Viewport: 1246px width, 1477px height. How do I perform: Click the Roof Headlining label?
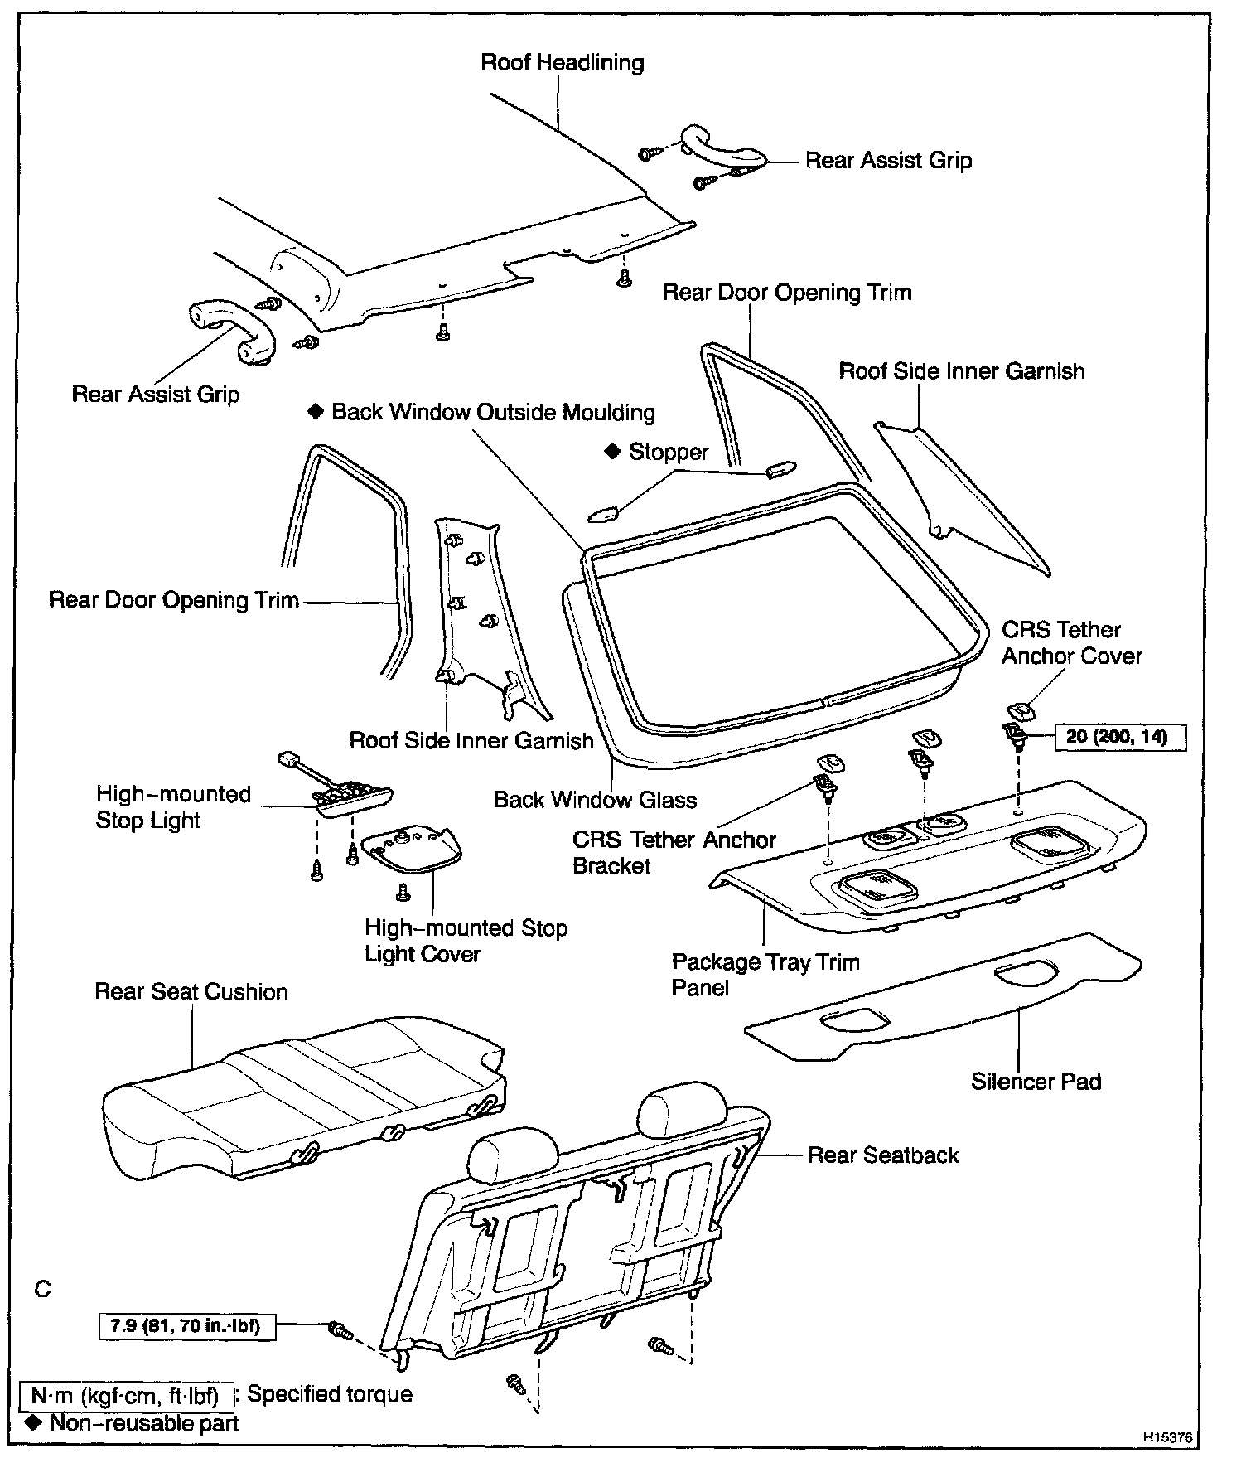point(562,63)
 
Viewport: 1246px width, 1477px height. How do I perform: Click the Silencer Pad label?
point(1036,1081)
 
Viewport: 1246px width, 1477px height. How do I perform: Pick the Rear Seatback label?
point(882,1155)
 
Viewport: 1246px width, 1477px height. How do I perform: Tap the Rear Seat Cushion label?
point(191,991)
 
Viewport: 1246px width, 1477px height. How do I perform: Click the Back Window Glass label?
point(595,799)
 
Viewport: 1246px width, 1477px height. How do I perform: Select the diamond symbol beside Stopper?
point(612,451)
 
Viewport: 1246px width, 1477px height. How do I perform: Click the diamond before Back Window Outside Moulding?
point(315,412)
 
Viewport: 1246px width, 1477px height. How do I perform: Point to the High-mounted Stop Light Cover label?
point(466,941)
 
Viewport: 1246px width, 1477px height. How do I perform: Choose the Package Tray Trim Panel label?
point(765,975)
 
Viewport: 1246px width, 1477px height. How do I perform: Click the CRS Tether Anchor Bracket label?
point(674,852)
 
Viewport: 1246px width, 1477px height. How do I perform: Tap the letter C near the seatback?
point(43,1290)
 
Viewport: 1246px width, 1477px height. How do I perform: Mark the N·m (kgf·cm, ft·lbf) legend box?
point(124,1397)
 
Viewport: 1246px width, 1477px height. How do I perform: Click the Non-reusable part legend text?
point(143,1423)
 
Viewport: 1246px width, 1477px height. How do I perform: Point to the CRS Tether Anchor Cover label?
point(1070,642)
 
